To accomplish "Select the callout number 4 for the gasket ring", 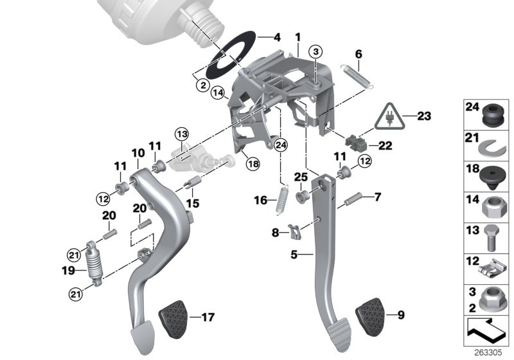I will point(277,38).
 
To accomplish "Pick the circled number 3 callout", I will point(316,51).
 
